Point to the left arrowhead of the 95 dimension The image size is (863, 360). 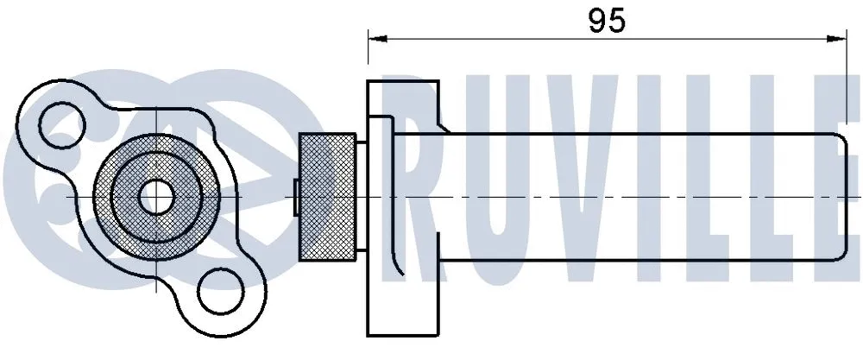pyautogui.click(x=375, y=37)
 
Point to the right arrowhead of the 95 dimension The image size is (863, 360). pyautogui.click(x=838, y=37)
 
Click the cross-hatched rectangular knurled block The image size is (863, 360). pyautogui.click(x=328, y=197)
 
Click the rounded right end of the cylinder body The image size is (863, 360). pyautogui.click(x=841, y=197)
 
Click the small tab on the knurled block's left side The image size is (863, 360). pyautogui.click(x=295, y=197)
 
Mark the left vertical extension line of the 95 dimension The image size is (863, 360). pyautogui.click(x=369, y=52)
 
